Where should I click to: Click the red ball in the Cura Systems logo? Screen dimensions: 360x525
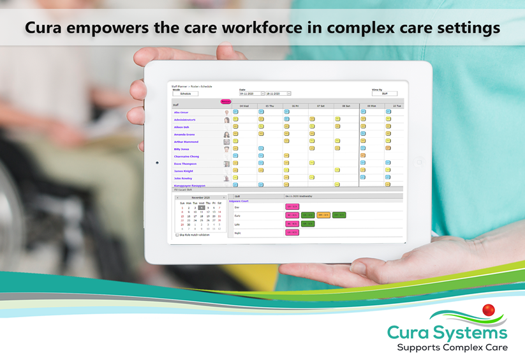[489, 311]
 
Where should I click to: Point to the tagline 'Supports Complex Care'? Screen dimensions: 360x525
[452, 347]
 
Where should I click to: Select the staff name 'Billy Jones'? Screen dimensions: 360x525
[182, 149]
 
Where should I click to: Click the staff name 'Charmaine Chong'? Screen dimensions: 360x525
[186, 156]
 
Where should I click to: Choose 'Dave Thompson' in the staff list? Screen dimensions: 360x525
[185, 164]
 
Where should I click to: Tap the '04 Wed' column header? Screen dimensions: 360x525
[244, 106]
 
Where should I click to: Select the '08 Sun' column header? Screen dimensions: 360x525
[346, 106]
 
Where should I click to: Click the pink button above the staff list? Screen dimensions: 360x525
[225, 101]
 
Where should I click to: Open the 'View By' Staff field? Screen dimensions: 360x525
[385, 94]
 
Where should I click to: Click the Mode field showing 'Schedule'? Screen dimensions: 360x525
[185, 94]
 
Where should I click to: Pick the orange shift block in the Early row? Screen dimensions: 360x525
[323, 215]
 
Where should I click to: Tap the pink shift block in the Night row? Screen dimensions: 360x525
[292, 232]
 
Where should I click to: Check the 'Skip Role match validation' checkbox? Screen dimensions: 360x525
[177, 235]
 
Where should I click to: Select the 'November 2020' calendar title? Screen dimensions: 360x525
[201, 198]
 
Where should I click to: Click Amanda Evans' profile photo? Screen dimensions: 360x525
[226, 135]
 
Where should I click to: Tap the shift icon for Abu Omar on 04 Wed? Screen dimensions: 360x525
[235, 112]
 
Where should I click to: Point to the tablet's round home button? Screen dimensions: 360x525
[419, 162]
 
